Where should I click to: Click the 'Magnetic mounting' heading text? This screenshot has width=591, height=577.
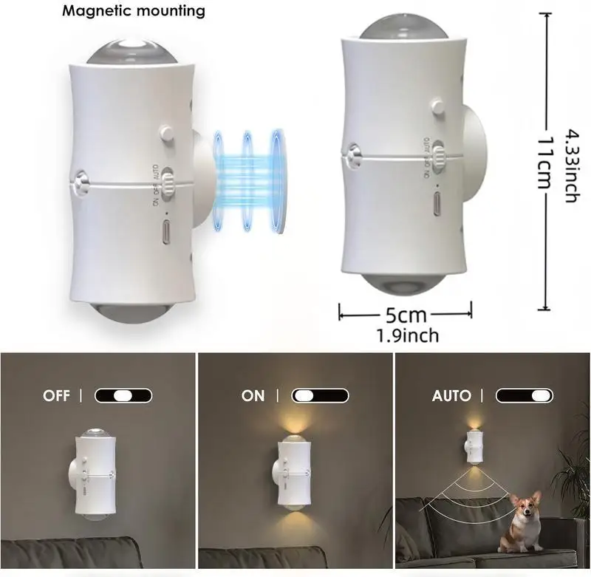(133, 11)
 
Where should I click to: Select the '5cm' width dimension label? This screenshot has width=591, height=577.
(406, 315)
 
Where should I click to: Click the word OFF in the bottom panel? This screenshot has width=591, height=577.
(56, 396)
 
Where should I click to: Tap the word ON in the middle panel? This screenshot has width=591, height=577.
(253, 396)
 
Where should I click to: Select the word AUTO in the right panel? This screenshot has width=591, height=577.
(451, 396)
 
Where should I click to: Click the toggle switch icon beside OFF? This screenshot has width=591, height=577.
(123, 395)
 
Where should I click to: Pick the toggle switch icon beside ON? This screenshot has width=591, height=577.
(320, 395)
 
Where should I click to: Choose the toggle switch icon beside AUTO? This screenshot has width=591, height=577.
(525, 395)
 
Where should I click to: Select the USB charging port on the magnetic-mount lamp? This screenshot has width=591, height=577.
(165, 231)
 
